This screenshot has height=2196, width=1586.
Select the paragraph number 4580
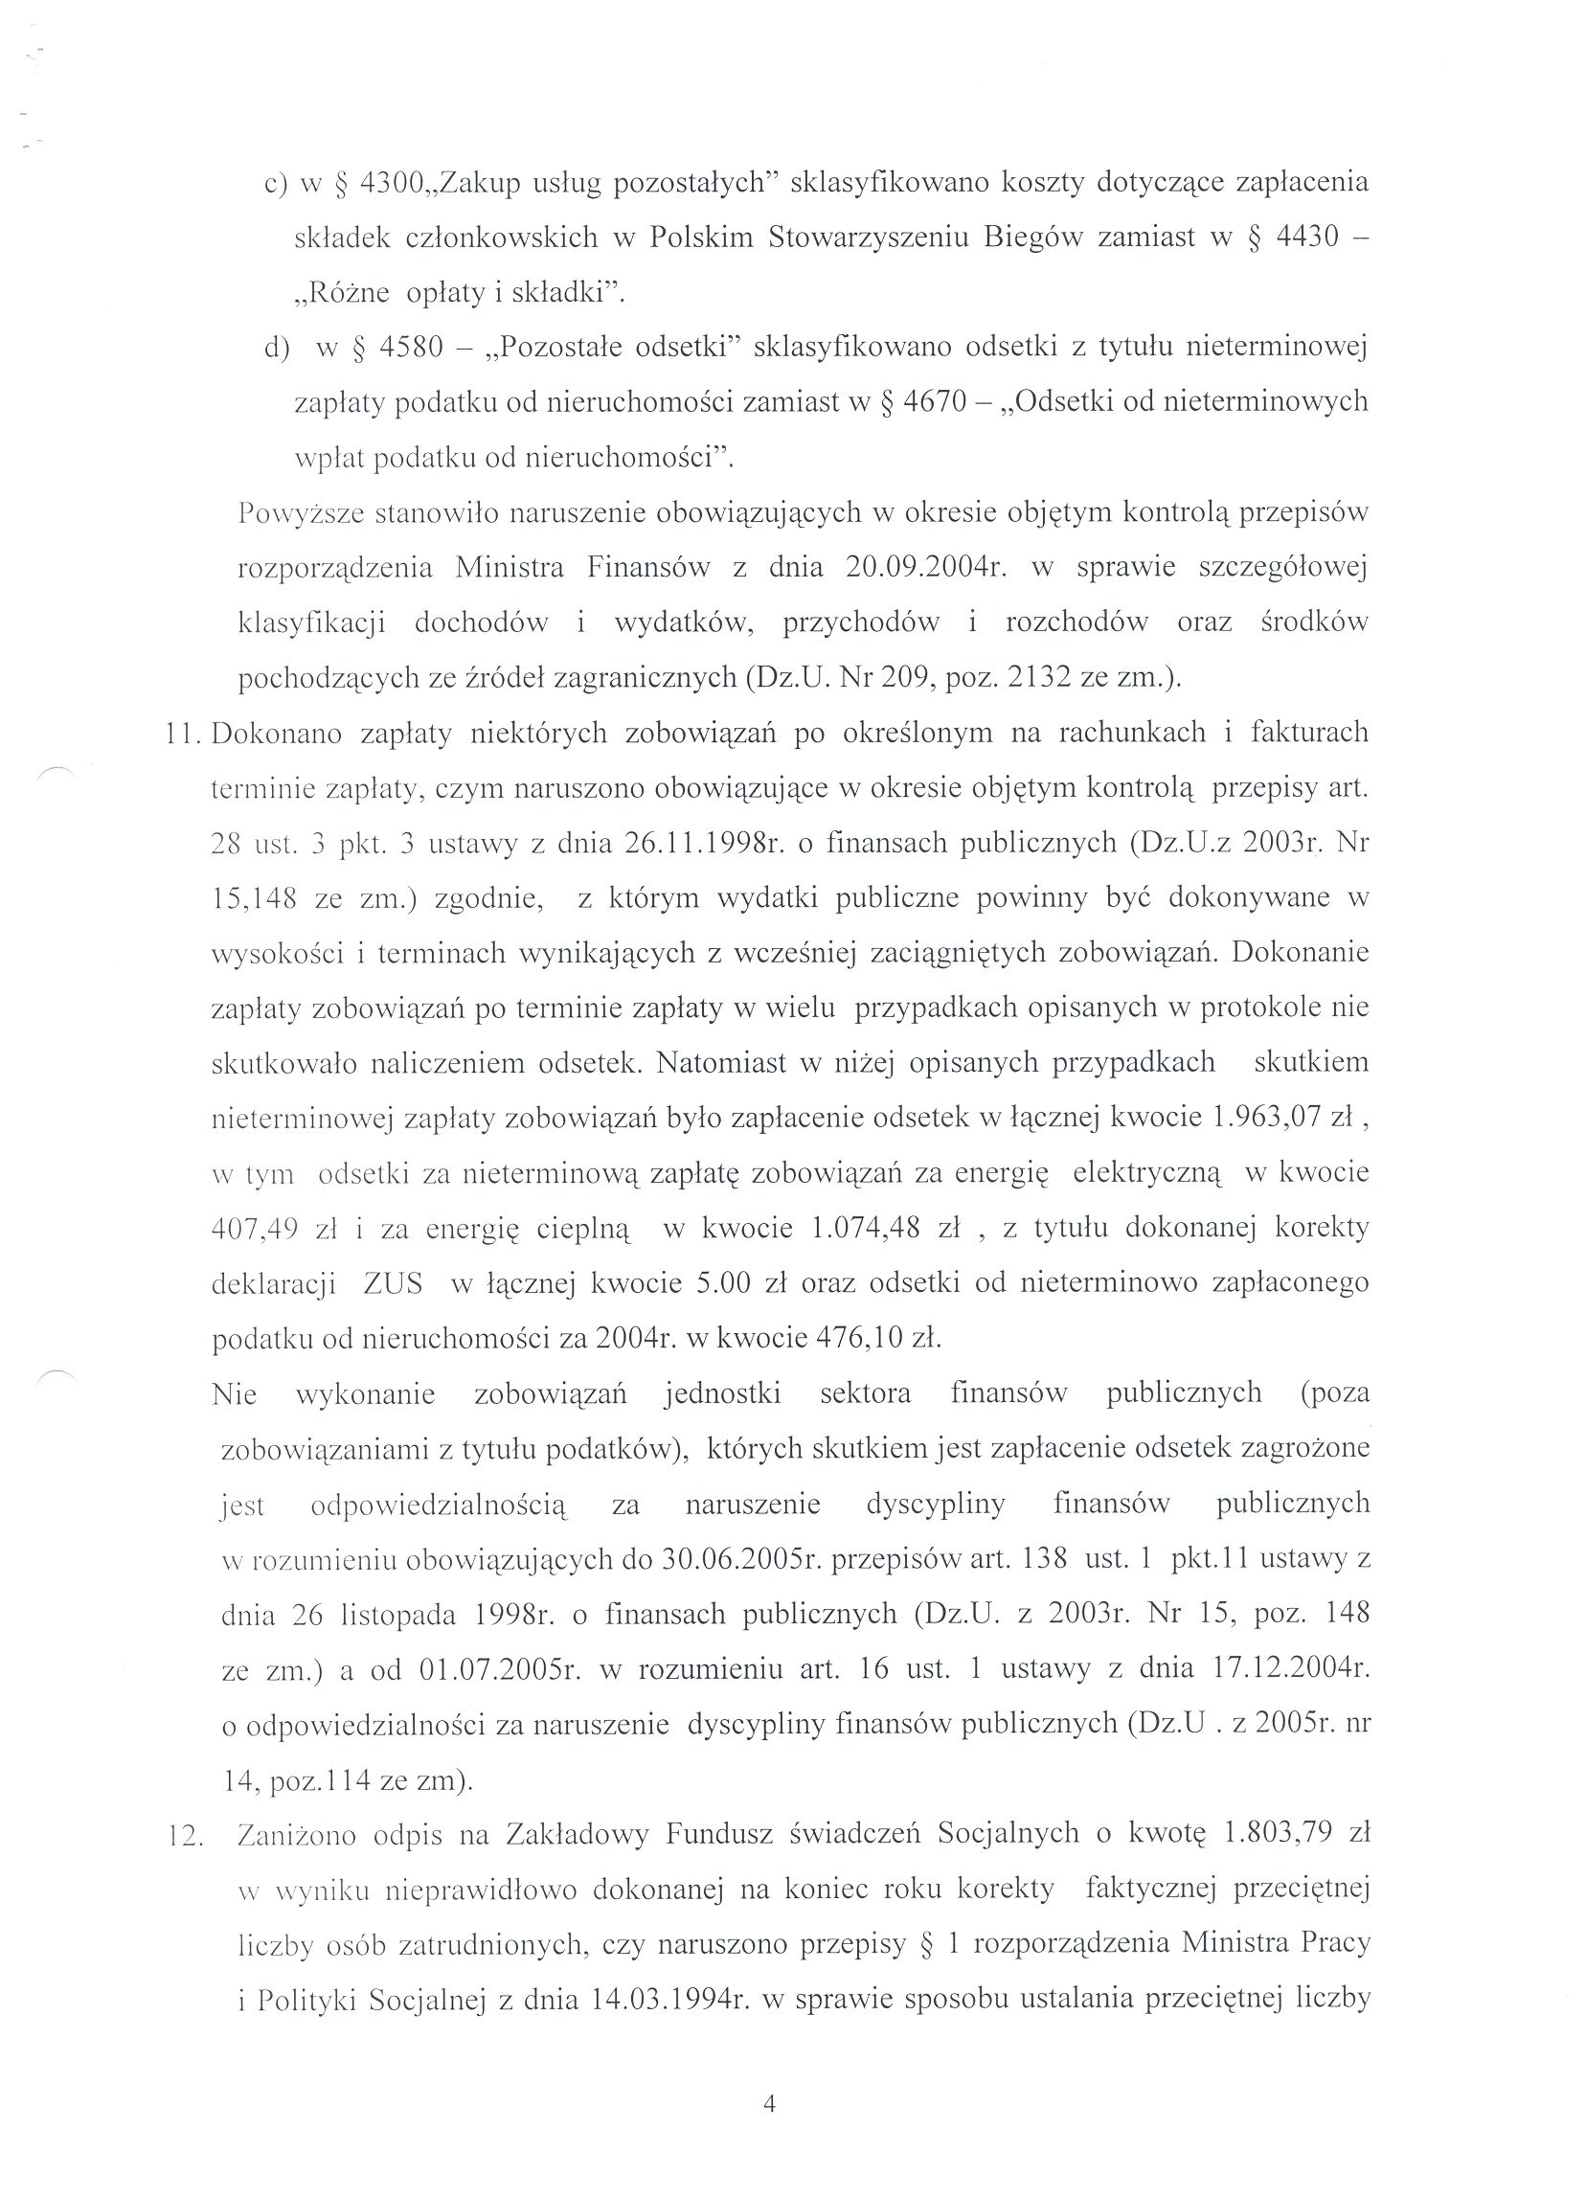(x=411, y=348)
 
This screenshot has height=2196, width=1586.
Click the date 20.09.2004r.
(x=927, y=567)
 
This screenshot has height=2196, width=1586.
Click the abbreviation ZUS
(x=393, y=1284)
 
